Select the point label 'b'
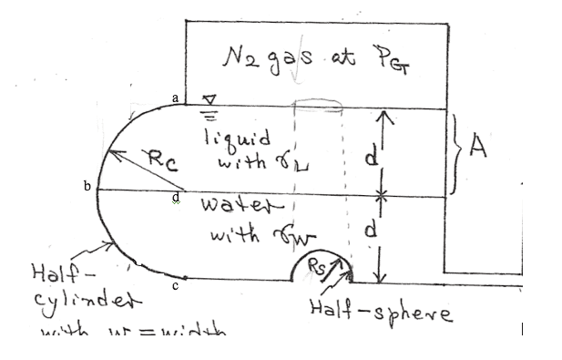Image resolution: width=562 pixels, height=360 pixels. [x=87, y=186]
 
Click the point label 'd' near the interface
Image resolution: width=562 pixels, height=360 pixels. [x=175, y=196]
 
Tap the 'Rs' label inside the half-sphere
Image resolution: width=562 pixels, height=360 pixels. [x=315, y=268]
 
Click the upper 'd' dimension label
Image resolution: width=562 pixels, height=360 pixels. [x=369, y=157]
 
